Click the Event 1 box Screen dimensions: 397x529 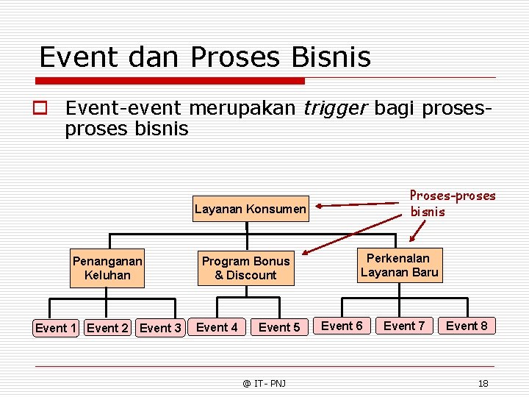pos(56,328)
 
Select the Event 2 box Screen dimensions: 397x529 pos(107,328)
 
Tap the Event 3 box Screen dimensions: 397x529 pos(160,328)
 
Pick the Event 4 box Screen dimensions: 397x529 pos(217,327)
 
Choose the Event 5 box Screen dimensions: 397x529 pos(279,327)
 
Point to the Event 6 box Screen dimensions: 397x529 pos(342,326)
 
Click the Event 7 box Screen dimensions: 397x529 pos(404,326)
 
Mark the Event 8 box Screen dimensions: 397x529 pos(467,326)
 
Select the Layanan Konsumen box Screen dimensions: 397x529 pos(250,210)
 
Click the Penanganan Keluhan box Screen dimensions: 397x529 pos(107,268)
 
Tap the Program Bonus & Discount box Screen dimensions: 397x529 pos(246,268)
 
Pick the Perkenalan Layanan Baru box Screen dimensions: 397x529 pos(400,265)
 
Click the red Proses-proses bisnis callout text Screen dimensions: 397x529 pos(452,204)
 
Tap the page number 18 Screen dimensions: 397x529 pos(483,383)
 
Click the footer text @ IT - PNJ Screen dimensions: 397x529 pos(265,383)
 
